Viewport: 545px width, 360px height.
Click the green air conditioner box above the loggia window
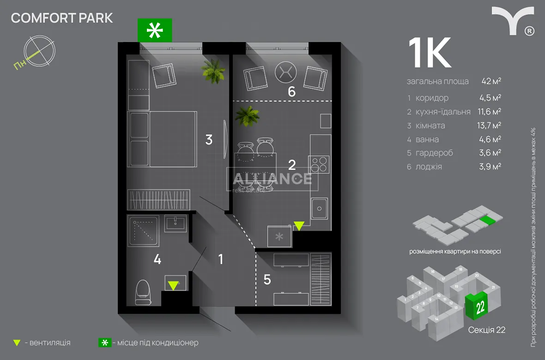coord(155,30)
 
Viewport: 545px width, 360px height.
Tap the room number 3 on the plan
coord(209,139)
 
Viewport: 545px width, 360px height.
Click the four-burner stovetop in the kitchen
coord(319,164)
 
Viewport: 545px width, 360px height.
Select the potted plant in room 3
coord(213,70)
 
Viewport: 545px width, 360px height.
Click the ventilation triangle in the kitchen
coord(299,226)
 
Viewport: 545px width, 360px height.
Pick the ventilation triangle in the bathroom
coord(173,285)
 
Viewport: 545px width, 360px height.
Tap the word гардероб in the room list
coord(434,153)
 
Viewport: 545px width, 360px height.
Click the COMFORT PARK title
coord(62,18)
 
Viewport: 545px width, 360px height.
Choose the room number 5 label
coord(267,279)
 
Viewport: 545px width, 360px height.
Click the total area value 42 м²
coord(491,81)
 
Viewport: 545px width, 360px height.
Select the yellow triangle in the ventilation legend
coord(17,343)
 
